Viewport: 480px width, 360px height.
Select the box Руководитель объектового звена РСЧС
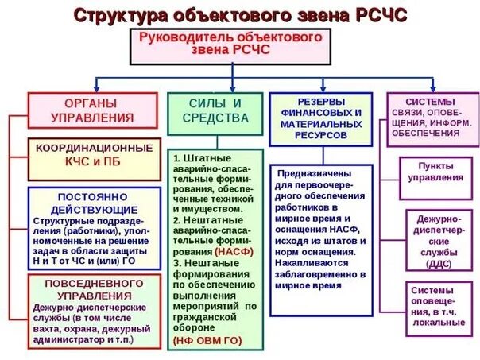click(230, 45)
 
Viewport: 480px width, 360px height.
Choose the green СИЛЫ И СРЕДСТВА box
click(215, 110)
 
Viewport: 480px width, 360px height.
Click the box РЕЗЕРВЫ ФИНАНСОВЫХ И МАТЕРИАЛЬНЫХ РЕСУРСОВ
click(320, 118)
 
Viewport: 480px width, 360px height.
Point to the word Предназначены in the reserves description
click(311, 174)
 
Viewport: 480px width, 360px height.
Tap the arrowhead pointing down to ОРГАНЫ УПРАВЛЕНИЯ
click(97, 88)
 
